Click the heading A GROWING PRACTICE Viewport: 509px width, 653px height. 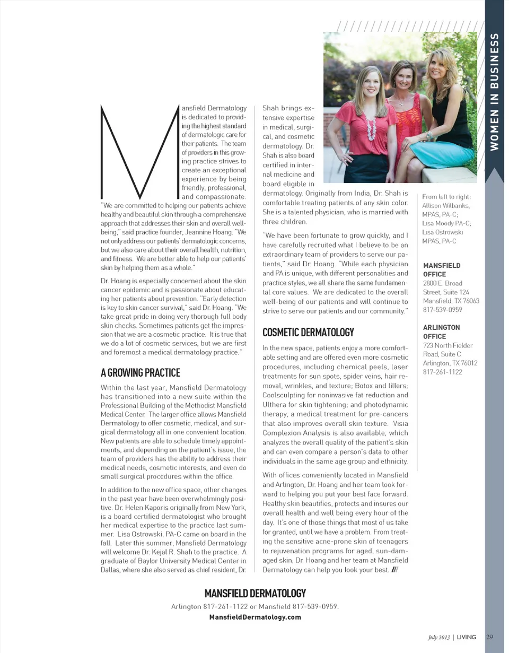click(140, 373)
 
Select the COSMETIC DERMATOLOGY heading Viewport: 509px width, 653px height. click(308, 333)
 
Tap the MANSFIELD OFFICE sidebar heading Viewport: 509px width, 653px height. click(442, 269)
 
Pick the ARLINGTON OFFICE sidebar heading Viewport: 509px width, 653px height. click(442, 332)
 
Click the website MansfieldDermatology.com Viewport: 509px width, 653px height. click(255, 617)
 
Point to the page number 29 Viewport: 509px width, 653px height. click(490, 637)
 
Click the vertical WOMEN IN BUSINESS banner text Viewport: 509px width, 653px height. click(494, 92)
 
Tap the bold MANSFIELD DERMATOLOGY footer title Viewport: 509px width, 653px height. click(255, 593)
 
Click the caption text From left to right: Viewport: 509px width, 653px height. click(444, 196)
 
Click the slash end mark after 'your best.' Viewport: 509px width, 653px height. click(394, 570)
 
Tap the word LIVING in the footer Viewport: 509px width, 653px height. click(467, 637)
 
